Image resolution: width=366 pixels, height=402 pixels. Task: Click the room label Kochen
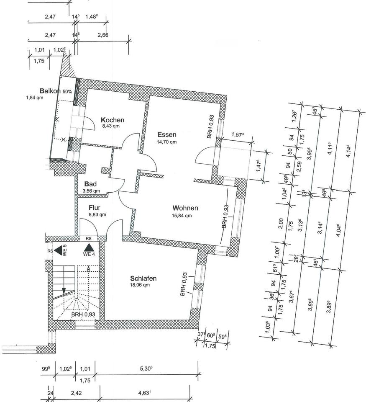click(x=113, y=120)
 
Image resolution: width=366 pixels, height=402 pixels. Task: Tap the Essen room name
click(x=167, y=135)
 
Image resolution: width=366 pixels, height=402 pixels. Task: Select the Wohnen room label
click(x=185, y=208)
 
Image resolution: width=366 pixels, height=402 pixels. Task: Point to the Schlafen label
click(x=143, y=278)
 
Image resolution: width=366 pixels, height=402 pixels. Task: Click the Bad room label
click(x=91, y=184)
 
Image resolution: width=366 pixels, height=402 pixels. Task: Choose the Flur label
click(x=95, y=207)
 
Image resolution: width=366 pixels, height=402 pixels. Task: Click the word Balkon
click(x=50, y=91)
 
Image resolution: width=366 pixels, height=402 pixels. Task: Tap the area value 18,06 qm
click(x=140, y=285)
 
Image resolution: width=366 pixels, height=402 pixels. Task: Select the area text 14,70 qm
click(x=167, y=142)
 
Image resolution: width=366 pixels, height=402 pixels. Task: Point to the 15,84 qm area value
click(x=182, y=216)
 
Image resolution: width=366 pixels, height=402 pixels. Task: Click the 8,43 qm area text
click(x=111, y=126)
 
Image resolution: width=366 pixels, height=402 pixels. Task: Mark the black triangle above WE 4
click(x=88, y=247)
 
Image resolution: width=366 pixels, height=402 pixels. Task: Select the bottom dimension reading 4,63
click(x=145, y=393)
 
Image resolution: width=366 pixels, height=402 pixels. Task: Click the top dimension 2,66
click(x=102, y=35)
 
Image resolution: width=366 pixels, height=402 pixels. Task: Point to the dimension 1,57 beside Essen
click(x=237, y=135)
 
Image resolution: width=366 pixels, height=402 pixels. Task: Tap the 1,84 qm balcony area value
click(x=34, y=98)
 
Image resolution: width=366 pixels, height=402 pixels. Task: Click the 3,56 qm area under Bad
click(x=91, y=191)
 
